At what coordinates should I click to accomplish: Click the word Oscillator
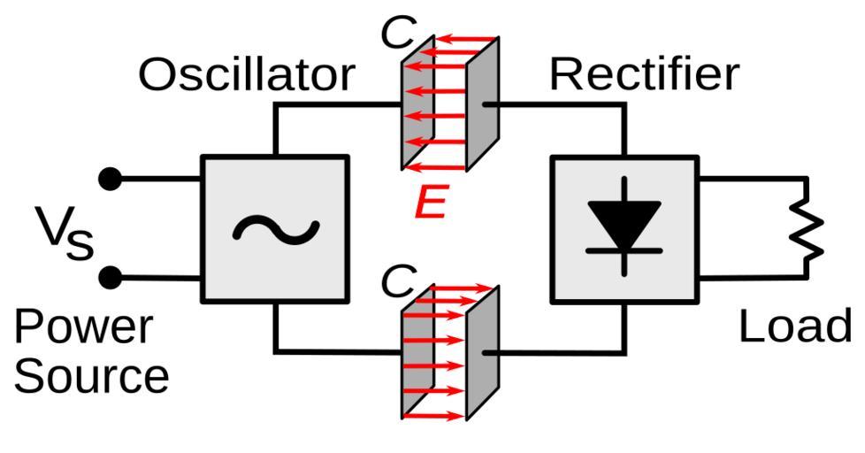(246, 75)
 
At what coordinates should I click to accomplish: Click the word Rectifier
(643, 75)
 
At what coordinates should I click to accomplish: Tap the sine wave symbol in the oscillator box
(275, 229)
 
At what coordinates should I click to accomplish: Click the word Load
(794, 326)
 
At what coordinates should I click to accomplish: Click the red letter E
(431, 204)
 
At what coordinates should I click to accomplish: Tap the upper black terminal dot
(110, 180)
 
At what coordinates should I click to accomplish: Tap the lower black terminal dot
(110, 278)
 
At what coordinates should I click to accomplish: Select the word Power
(83, 327)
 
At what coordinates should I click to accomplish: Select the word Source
(91, 376)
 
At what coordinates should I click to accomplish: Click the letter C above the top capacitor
(397, 34)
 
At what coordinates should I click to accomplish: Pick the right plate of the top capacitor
(483, 104)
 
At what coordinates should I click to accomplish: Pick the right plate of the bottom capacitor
(483, 352)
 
